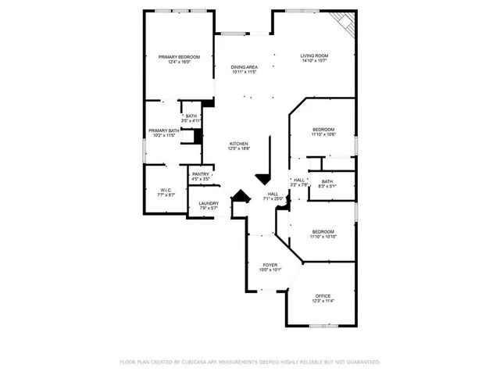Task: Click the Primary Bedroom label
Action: point(179,57)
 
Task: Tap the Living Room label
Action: point(315,55)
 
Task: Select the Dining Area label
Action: point(244,67)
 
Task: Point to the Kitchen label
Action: point(238,144)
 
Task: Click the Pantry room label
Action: point(201,174)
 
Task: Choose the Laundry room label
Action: point(208,203)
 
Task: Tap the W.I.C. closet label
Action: point(166,190)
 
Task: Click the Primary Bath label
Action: point(162,130)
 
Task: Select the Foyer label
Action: point(270,265)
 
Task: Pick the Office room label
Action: point(323,295)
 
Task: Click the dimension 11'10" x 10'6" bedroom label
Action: point(323,134)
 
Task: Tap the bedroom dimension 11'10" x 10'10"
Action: point(323,237)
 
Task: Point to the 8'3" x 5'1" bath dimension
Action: point(327,187)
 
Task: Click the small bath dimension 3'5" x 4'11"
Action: point(191,121)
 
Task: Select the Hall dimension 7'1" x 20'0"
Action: point(273,198)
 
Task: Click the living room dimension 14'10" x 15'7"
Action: point(315,61)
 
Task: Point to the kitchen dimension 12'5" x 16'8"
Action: point(238,149)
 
